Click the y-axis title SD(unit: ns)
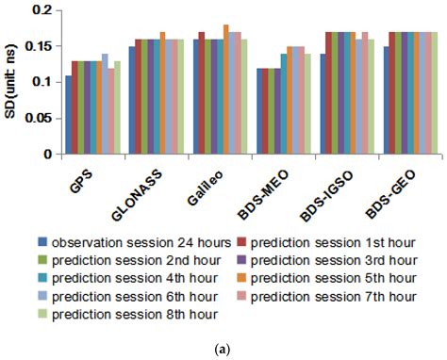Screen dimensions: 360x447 pyautogui.click(x=12, y=81)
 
